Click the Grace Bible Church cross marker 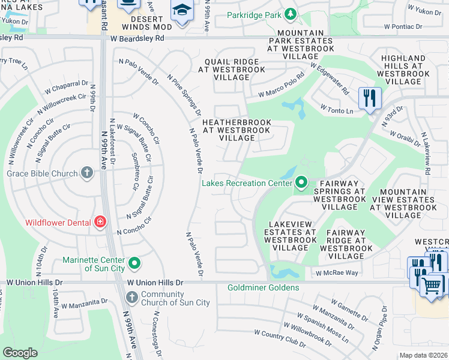click(87, 173)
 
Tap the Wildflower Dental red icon click(100, 223)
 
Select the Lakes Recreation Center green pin click(301, 182)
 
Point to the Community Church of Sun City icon click(131, 298)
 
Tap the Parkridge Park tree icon click(291, 13)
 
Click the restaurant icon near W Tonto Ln click(369, 98)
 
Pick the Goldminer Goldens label click(263, 288)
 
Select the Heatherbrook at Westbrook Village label click(237, 130)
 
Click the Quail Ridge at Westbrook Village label click(232, 69)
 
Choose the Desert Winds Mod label click(139, 23)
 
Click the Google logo click(20, 353)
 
